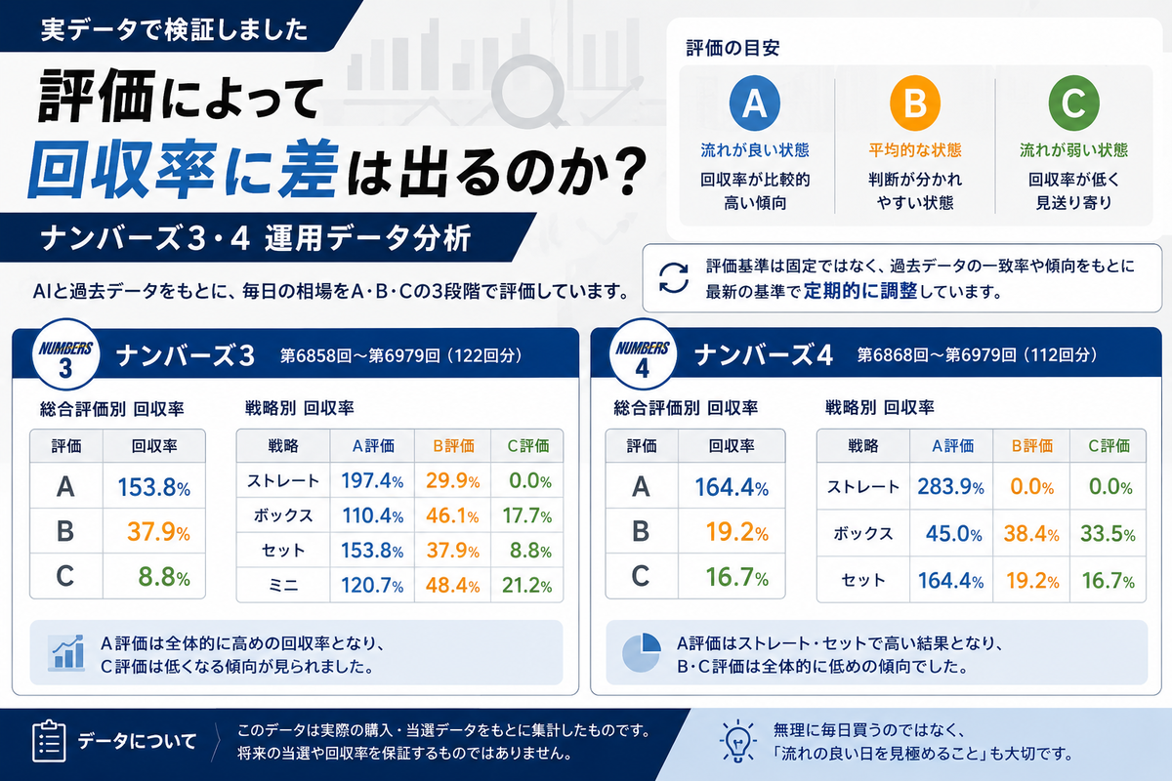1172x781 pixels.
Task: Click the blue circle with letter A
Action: tap(754, 103)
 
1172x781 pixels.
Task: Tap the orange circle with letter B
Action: tap(915, 103)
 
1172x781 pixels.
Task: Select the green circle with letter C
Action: tap(1073, 103)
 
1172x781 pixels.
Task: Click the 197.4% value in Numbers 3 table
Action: tap(372, 480)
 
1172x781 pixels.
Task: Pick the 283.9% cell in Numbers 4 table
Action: tap(950, 487)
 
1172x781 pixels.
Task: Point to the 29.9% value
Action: tap(452, 480)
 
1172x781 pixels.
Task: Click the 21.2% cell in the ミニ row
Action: tap(526, 586)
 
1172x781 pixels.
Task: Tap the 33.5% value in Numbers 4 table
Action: tap(1108, 534)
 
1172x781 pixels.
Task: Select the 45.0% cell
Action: tap(954, 534)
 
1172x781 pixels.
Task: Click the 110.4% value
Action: tap(372, 515)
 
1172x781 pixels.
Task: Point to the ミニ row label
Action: tap(283, 586)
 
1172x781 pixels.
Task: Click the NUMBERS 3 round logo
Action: tap(65, 355)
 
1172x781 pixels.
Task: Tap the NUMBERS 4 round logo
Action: tap(643, 355)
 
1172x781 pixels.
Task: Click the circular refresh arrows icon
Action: tap(674, 278)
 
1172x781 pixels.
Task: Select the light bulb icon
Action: tap(737, 742)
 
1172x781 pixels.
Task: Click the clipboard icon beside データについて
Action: tap(49, 741)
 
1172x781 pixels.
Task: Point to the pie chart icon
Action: tap(642, 653)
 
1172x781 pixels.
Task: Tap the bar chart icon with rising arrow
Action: tap(66, 653)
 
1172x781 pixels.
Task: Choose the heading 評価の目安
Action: tap(732, 48)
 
